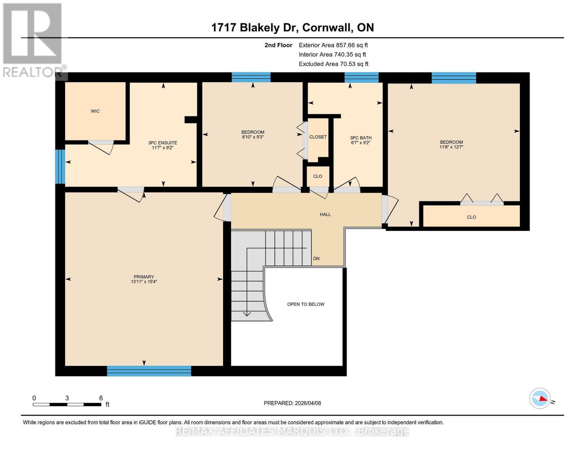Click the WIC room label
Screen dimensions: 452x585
[x=95, y=111]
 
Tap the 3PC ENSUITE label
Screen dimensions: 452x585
[x=162, y=143]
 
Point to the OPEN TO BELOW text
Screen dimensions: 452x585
[x=305, y=304]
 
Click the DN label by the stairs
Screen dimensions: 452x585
[x=316, y=259]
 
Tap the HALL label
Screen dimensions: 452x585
[x=325, y=214]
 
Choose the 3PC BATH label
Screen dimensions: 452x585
[x=360, y=138]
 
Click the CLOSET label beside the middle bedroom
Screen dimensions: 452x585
[x=318, y=137]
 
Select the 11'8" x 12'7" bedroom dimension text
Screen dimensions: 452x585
[x=451, y=147]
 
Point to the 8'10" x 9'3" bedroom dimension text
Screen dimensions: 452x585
[x=252, y=137]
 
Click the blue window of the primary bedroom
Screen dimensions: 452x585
[x=149, y=371]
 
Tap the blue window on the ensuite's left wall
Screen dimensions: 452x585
[x=60, y=166]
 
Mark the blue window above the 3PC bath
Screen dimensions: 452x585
[x=361, y=78]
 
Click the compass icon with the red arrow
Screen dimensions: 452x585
[x=540, y=398]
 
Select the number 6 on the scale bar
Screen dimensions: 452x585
[x=101, y=398]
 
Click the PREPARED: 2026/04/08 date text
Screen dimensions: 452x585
[x=292, y=403]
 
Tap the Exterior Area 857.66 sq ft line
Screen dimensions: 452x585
[x=333, y=45]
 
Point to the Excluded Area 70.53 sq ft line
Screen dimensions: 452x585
[x=333, y=64]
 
